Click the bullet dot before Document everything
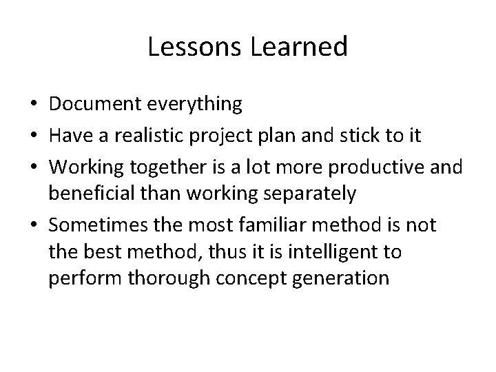pos(34,105)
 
